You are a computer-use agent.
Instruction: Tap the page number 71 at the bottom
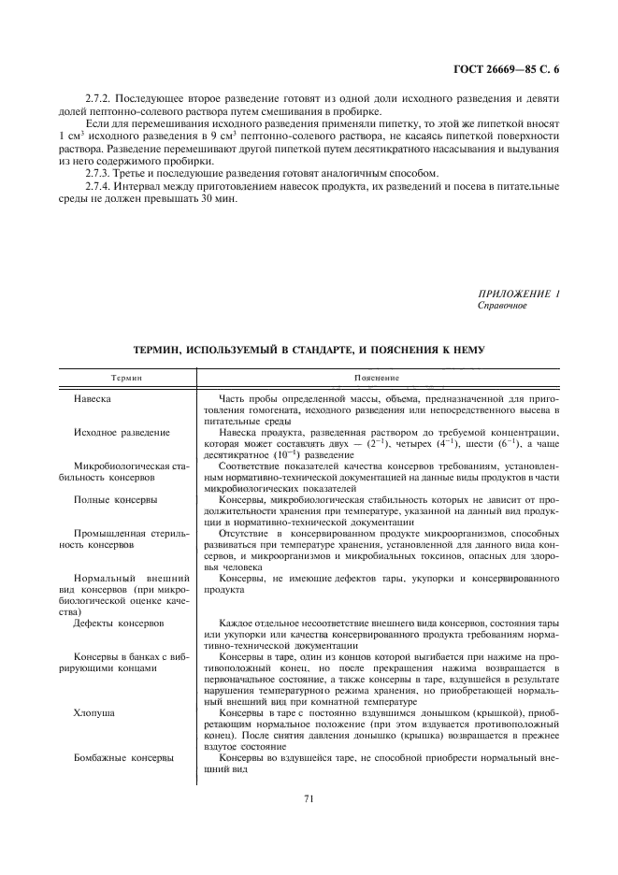[x=308, y=798]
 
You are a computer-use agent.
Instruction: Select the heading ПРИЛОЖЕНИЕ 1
[x=519, y=294]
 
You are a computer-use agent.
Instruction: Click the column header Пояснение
[x=378, y=379]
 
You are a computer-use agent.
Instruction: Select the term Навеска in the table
[x=93, y=398]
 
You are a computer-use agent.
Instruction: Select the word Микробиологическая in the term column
[x=120, y=466]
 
